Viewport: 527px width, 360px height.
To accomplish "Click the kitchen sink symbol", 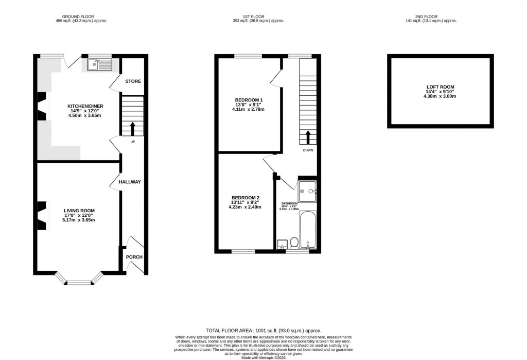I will [x=99, y=64].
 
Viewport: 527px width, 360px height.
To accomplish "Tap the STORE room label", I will [x=133, y=81].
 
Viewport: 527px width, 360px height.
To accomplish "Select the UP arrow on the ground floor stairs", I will [x=133, y=127].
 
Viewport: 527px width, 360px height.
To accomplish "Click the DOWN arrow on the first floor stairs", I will [x=308, y=137].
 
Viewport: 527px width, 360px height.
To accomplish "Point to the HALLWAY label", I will [x=130, y=182].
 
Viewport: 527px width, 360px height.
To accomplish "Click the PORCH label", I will [x=134, y=257].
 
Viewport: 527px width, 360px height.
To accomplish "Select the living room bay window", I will [x=79, y=281].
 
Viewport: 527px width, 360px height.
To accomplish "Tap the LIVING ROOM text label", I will [x=79, y=211].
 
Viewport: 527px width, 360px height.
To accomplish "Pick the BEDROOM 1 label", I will [x=249, y=99].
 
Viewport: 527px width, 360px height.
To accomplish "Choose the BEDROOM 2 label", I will [x=245, y=198].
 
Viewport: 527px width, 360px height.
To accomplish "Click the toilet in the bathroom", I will [x=294, y=242].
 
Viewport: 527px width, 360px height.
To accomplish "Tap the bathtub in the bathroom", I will [x=307, y=229].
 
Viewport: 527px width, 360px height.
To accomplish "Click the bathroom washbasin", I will [x=282, y=244].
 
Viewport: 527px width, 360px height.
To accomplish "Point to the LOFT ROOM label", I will [x=440, y=87].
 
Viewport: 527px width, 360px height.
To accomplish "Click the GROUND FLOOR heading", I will [x=81, y=16].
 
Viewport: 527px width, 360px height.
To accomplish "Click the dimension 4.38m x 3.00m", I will [x=440, y=96].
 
